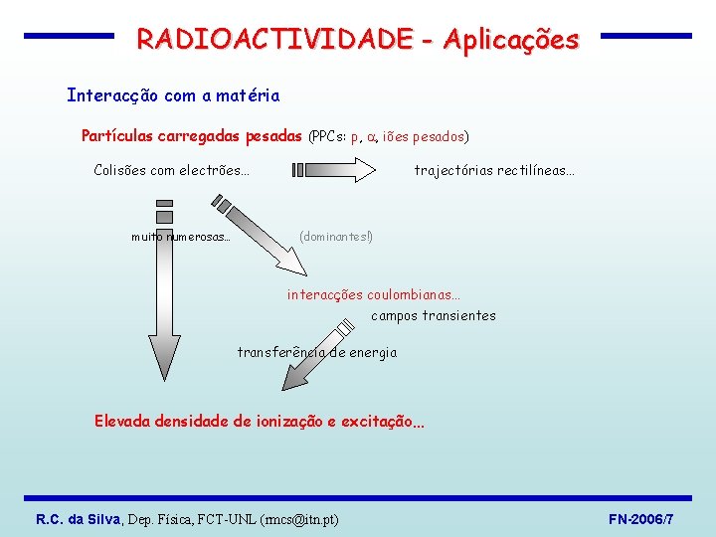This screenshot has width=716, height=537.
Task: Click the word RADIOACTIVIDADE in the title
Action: click(x=274, y=39)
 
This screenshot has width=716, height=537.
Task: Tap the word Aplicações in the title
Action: click(x=511, y=39)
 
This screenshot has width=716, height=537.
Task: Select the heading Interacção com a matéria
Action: click(x=173, y=95)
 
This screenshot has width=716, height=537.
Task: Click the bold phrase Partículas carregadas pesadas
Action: click(x=191, y=135)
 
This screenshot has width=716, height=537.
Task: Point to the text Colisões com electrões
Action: click(x=171, y=170)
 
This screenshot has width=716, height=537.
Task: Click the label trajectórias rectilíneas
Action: click(x=494, y=170)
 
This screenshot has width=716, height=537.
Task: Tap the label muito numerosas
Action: click(x=181, y=237)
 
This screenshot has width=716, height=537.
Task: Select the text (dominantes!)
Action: click(x=336, y=237)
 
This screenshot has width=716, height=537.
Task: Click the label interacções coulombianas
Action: click(x=374, y=294)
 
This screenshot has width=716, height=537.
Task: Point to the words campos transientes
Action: click(x=433, y=315)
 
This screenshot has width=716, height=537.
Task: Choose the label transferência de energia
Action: click(x=316, y=352)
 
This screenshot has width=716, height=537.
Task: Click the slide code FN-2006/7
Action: click(x=640, y=519)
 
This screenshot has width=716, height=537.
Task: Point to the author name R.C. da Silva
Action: click(x=78, y=519)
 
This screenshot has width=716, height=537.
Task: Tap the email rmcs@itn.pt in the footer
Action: click(x=298, y=519)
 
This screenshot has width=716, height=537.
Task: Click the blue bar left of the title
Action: click(x=69, y=36)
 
